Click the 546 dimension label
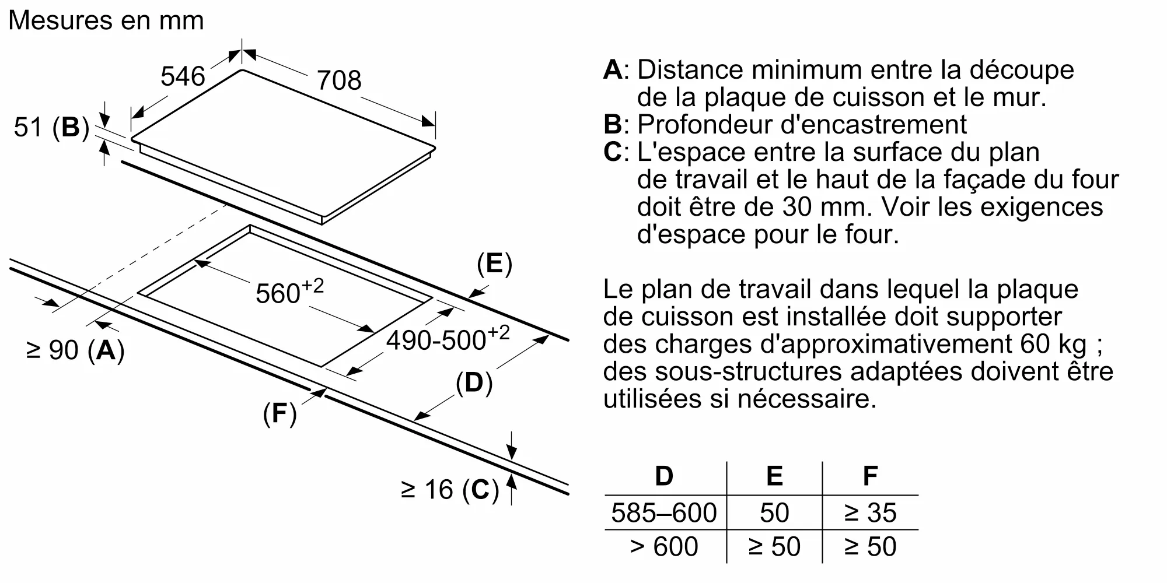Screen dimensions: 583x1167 [x=183, y=76]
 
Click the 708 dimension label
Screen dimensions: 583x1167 [x=338, y=80]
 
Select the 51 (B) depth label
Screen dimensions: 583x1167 [x=51, y=127]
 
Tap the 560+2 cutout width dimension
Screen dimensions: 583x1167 [x=289, y=291]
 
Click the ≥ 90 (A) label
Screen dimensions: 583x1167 [x=75, y=350]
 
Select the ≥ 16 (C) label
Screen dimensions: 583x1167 [x=450, y=490]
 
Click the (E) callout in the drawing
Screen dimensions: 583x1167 [x=494, y=264]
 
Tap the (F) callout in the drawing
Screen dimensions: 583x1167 [x=279, y=413]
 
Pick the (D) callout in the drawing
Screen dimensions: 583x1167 [x=474, y=383]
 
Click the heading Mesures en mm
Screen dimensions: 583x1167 [x=106, y=20]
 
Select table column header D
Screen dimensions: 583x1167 [x=664, y=476]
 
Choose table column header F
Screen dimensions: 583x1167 [x=870, y=476]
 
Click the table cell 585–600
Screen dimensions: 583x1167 [x=664, y=513]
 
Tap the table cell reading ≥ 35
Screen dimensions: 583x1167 [x=870, y=513]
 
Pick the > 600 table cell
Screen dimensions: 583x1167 [x=664, y=547]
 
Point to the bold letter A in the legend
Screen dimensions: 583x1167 [x=613, y=70]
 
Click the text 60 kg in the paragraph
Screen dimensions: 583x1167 [x=1053, y=344]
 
